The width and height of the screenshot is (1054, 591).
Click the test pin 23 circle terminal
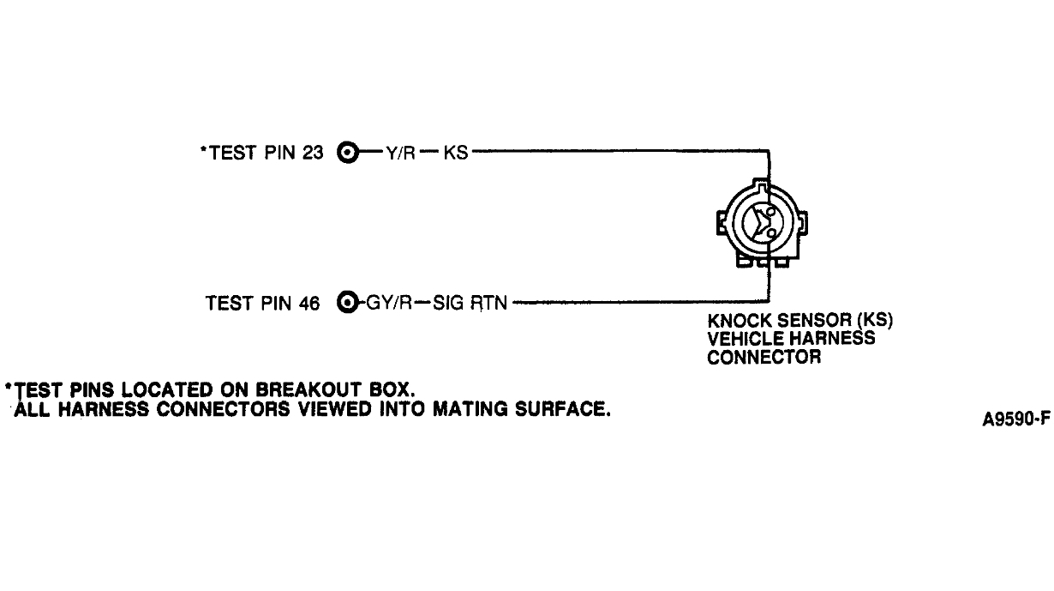[347, 153]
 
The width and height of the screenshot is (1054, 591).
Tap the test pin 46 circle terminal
[347, 302]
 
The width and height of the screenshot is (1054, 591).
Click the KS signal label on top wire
[456, 154]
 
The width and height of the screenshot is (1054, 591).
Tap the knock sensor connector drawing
[762, 223]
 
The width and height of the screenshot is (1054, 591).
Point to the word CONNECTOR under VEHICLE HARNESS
[764, 357]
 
